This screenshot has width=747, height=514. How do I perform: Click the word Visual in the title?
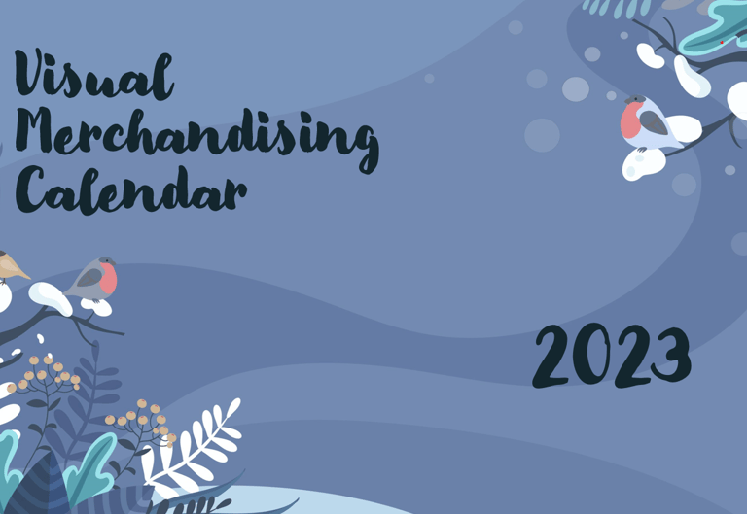[93, 75]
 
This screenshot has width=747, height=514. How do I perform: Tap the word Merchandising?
[197, 138]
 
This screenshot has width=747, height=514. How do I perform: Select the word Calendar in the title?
[131, 190]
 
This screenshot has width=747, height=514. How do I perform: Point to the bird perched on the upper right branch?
[650, 122]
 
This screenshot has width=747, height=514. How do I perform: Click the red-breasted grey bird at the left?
[93, 279]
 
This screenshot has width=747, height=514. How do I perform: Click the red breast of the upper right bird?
[630, 120]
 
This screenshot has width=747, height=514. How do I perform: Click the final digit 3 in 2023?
[672, 354]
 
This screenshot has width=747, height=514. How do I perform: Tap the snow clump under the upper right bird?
[643, 163]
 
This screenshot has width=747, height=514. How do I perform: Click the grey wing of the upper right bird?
[654, 122]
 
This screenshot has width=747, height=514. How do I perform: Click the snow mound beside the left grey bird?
[50, 298]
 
